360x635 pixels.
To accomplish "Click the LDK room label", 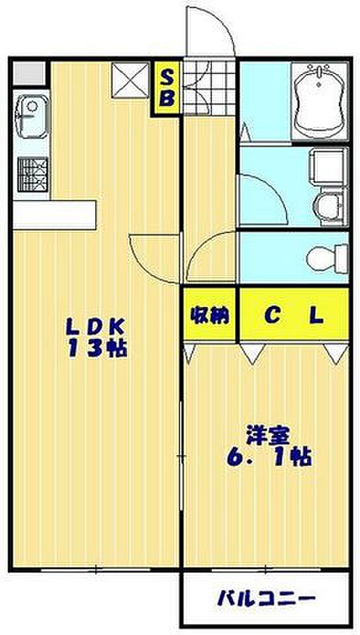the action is [x=97, y=325].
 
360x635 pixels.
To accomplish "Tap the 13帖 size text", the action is [x=97, y=348].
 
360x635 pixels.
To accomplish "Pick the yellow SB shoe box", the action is [x=167, y=88].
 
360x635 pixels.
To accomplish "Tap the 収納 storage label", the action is [x=210, y=316].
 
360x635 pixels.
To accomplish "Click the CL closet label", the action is [x=294, y=316].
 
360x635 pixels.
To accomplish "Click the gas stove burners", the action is [x=32, y=174].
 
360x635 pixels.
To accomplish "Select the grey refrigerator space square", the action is [x=29, y=73].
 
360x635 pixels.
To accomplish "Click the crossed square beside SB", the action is [x=130, y=80].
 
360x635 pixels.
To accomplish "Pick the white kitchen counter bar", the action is [x=55, y=215].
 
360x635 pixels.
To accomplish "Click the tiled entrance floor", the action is [x=209, y=87].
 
